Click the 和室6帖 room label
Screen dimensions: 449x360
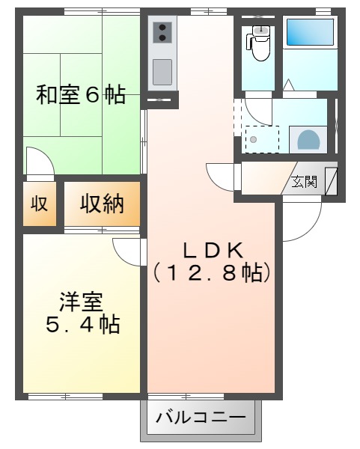pos(81,96)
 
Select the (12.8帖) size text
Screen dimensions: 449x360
pos(211,273)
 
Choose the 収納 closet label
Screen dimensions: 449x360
pos(102,203)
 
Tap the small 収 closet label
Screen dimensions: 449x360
pos(39,203)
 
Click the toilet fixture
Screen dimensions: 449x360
pos(260,43)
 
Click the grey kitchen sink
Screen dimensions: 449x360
pos(162,72)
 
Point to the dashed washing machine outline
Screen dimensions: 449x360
pos(262,139)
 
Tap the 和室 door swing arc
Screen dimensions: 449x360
pos(39,160)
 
